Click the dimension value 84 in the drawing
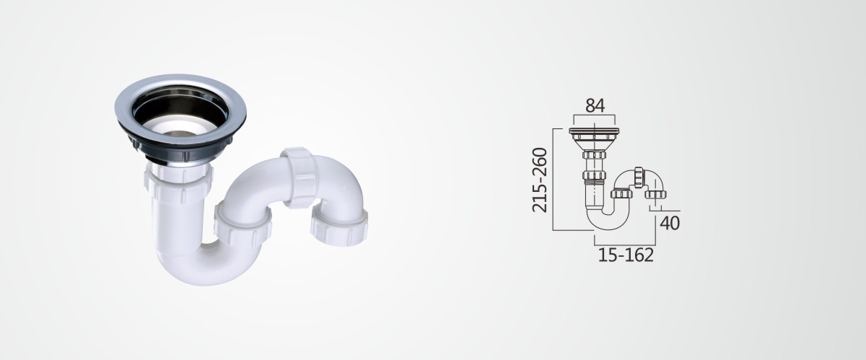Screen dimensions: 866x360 [x=595, y=105]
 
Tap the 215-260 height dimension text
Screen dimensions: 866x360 [x=540, y=180]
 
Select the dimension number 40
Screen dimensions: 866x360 [x=670, y=224]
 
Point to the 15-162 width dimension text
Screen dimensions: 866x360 [x=626, y=255]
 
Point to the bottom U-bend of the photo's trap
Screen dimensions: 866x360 [x=201, y=267]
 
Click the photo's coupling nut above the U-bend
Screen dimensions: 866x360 [x=242, y=224]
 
